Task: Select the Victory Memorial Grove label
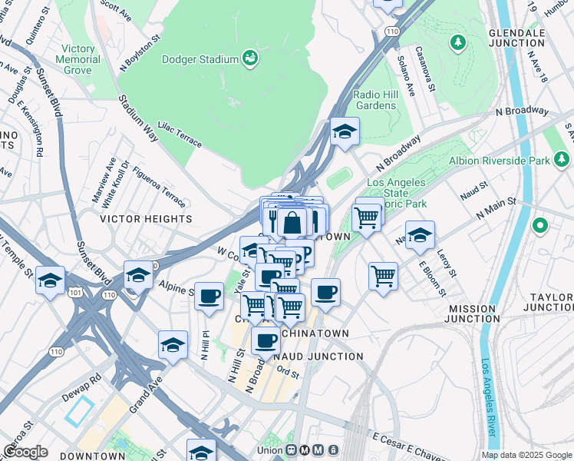78,60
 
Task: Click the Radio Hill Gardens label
375,100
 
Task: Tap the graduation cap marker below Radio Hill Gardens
345,131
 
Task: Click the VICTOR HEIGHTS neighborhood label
146,219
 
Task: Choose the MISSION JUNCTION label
472,313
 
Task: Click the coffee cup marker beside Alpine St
209,296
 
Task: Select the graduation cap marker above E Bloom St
420,236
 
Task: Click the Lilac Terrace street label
179,133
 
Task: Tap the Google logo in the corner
25,452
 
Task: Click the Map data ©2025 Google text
526,455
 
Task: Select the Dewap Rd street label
82,380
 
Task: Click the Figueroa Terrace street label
158,187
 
